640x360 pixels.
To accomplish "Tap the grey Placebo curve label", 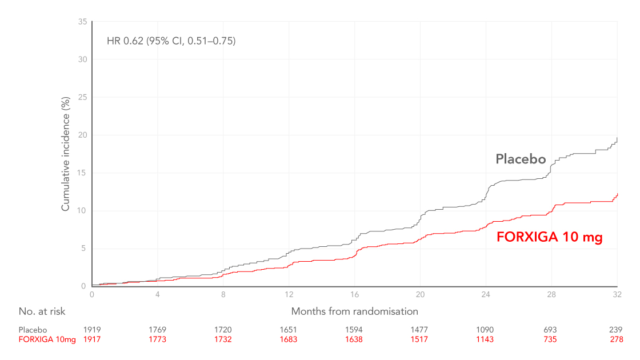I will [521, 159].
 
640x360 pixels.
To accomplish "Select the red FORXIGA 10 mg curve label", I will [549, 237].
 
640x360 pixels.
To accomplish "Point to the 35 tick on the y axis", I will [82, 22].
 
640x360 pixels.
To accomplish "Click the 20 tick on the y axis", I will [82, 135].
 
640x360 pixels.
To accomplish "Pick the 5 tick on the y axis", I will [84, 249].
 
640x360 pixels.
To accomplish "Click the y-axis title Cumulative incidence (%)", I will [66, 154].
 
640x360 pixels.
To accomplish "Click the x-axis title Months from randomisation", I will [354, 311].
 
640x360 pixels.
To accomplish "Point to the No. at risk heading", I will [42, 311].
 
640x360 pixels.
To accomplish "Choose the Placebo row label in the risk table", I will [33, 330].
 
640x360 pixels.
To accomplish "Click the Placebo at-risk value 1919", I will [92, 330].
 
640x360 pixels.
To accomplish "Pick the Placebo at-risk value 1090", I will [485, 330].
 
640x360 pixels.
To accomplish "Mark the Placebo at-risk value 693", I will [551, 330].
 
